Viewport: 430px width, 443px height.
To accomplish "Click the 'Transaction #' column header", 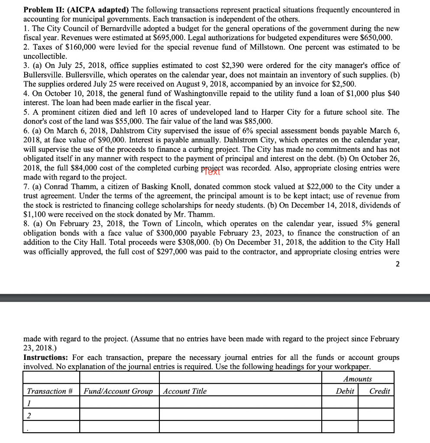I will click(x=50, y=391).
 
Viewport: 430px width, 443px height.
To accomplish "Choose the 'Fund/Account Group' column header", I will click(x=118, y=391).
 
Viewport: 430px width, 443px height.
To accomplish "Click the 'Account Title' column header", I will click(x=185, y=391).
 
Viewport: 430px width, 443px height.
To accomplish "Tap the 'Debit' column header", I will click(x=345, y=391).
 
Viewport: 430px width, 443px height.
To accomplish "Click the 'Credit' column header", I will click(x=379, y=391).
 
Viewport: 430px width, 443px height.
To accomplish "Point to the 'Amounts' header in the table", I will click(x=357, y=379).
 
